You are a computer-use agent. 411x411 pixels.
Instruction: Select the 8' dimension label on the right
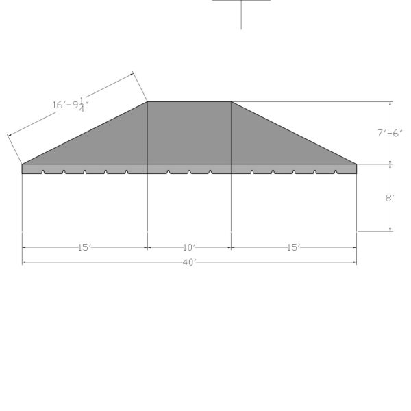point(390,198)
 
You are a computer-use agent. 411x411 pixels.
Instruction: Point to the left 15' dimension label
point(84,247)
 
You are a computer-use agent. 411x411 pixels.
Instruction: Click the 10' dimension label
point(189,247)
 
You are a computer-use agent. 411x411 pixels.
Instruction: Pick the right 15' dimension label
point(293,247)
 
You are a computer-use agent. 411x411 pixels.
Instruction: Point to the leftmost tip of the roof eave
point(23,164)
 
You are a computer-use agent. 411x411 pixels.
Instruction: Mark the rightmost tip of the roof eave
point(356,164)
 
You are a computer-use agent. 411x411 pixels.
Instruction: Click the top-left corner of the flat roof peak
point(148,102)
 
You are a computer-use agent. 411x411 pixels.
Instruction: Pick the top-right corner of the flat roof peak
point(231,102)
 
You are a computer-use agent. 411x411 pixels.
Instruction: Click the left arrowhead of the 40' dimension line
point(25,262)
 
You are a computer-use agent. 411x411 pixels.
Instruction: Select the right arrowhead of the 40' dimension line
point(354,262)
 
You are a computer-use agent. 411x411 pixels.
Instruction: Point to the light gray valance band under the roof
point(189,169)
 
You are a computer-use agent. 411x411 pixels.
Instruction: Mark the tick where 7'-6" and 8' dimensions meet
point(390,164)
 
